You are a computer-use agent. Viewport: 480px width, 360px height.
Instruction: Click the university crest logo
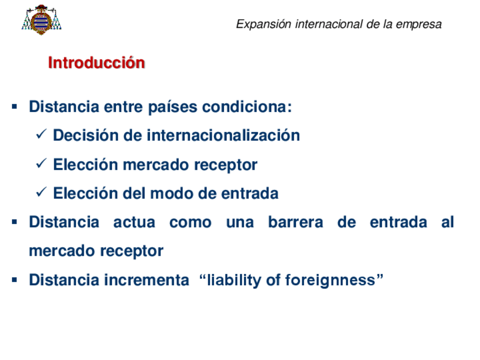[x=41, y=20]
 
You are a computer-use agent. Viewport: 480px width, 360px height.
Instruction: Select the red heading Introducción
[x=96, y=63]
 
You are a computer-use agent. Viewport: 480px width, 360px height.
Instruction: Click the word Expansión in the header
[x=264, y=24]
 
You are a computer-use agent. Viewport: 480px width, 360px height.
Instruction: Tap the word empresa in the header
[x=418, y=24]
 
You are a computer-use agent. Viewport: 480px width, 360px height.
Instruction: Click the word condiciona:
[x=247, y=107]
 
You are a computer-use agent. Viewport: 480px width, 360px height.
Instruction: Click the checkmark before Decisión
[x=41, y=134]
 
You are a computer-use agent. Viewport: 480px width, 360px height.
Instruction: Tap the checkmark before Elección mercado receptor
[x=41, y=163]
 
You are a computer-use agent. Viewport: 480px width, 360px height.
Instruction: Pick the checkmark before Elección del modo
[x=41, y=192]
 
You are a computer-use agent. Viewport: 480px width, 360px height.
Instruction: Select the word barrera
[x=295, y=222]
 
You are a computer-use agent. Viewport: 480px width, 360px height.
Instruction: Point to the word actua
[x=134, y=222]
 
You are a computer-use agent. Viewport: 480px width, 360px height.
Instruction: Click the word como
[x=190, y=223]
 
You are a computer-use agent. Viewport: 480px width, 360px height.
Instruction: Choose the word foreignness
[x=330, y=280]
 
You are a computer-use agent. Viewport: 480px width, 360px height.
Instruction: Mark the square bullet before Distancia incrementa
[x=14, y=280]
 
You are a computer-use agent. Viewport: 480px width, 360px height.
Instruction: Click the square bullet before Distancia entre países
[x=14, y=107]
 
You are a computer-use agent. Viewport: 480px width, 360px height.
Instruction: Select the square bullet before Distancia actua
[x=14, y=222]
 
